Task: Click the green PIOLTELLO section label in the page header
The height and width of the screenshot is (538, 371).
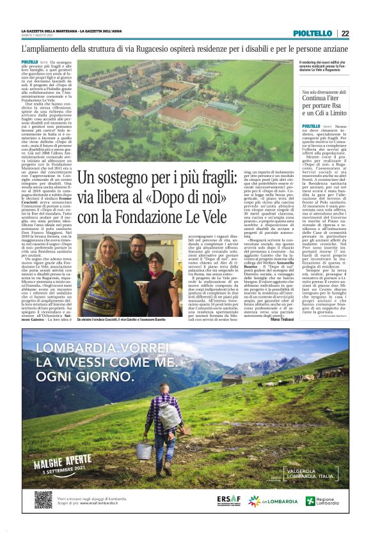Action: [313, 33]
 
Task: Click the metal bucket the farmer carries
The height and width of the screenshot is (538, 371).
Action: [144, 450]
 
